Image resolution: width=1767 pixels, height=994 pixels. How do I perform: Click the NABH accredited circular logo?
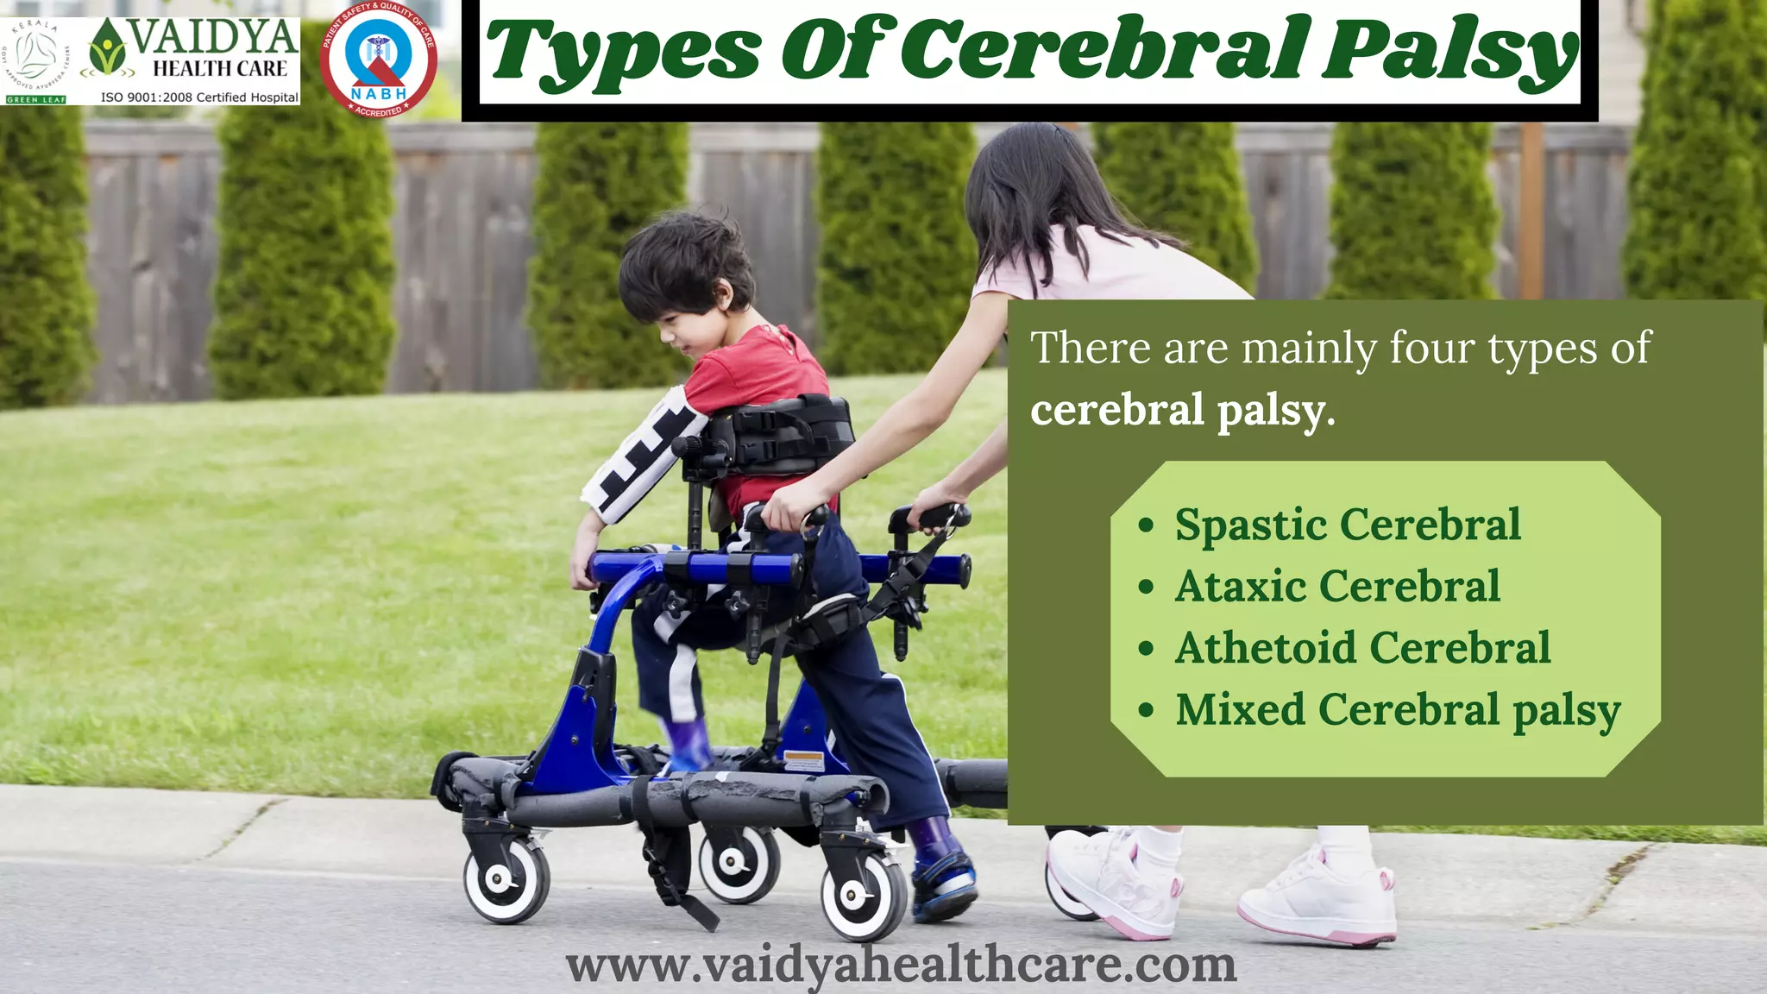(x=378, y=59)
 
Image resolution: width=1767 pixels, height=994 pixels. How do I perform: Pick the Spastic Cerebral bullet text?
(x=1347, y=525)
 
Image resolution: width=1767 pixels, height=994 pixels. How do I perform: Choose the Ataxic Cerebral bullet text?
(x=1337, y=587)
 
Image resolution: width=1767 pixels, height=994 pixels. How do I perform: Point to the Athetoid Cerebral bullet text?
(x=1362, y=648)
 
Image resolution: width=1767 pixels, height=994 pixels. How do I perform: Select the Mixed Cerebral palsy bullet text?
(x=1398, y=710)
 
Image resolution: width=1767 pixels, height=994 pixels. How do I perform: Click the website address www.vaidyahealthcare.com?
(x=901, y=965)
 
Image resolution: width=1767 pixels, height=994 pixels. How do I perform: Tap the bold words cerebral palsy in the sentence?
(x=1182, y=409)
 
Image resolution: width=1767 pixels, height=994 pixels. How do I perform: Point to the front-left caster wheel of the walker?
(x=506, y=880)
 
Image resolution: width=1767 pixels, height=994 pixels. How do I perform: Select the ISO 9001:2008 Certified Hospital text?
(x=199, y=98)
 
